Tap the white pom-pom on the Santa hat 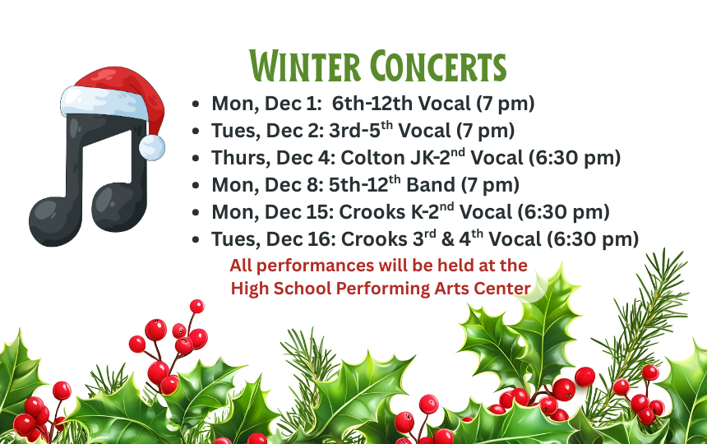tap(151, 147)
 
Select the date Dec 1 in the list tap(290, 104)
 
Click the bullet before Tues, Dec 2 tap(195, 132)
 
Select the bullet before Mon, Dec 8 tap(195, 186)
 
